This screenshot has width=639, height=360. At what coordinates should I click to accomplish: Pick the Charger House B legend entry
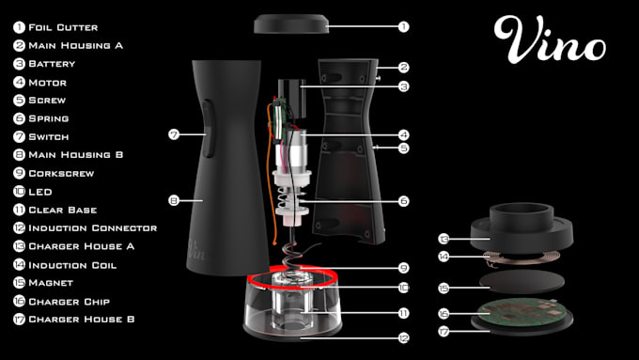tap(82, 320)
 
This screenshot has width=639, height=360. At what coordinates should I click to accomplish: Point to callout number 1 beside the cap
tap(403, 26)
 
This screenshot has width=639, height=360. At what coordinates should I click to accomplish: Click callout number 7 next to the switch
tap(173, 135)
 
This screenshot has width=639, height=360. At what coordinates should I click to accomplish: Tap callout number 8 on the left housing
tap(173, 200)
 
